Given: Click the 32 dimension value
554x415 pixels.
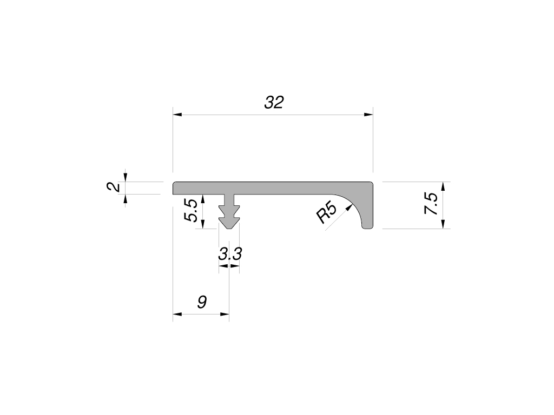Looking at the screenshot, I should point(274,103).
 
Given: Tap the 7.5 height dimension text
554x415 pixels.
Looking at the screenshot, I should point(431,205).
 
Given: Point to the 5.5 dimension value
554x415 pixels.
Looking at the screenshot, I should point(190,211).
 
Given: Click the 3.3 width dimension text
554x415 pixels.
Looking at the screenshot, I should point(229,254).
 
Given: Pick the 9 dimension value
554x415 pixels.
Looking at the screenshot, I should point(202,302).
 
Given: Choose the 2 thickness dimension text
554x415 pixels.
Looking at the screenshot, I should point(114,188).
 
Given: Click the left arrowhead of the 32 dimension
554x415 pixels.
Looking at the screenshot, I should point(177,115).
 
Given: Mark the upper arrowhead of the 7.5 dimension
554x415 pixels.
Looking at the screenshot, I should point(443,186).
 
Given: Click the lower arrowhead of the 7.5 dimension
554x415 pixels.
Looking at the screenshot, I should point(443,224).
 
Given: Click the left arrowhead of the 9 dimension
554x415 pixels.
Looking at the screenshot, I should point(177,314).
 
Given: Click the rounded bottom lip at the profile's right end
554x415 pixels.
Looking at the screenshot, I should point(367,225).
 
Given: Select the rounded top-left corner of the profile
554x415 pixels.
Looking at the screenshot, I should point(175,184).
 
